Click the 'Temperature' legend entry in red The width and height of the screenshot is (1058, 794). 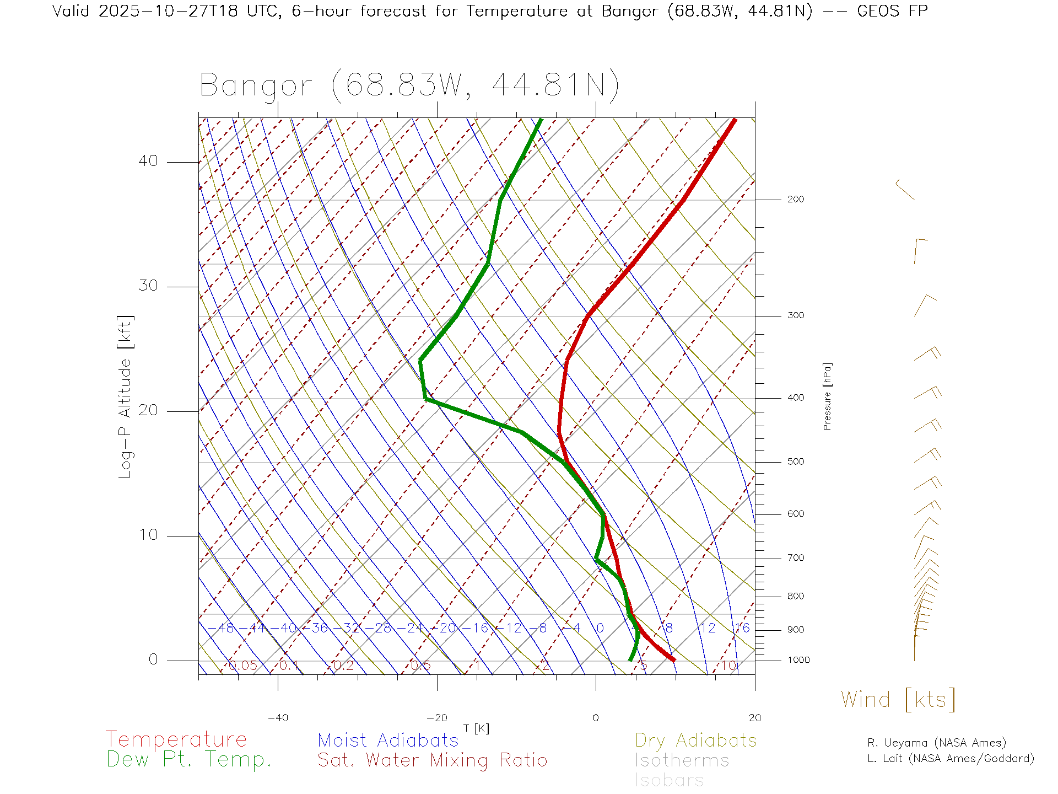pos(176,739)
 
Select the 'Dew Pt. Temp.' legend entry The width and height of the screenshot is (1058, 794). pos(189,760)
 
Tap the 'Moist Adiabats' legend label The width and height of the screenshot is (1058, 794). pos(388,740)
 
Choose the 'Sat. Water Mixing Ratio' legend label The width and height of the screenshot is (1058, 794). pos(432,760)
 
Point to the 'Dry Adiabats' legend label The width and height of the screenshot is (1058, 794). pos(695,740)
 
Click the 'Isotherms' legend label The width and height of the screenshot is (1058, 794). pos(682,760)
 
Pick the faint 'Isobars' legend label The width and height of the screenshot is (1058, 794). pos(669,780)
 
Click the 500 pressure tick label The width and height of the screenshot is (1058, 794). pos(795,462)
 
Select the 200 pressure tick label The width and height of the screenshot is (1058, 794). pos(795,200)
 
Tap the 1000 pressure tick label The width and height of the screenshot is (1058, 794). pos(798,660)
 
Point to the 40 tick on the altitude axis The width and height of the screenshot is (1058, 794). pos(148,161)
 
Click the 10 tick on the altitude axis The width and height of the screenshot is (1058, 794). pos(148,535)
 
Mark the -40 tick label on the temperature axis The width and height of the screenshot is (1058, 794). pos(278,718)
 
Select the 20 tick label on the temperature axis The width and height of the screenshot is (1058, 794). pos(754,718)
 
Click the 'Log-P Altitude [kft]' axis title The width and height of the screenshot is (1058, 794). pos(126,397)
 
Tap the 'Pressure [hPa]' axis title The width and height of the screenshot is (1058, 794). pos(827,396)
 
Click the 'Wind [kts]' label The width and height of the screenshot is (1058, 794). pos(898,700)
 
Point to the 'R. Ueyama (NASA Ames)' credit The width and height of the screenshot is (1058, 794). pos(936,743)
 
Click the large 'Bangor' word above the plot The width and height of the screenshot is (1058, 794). pos(256,85)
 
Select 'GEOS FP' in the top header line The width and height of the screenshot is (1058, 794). pos(892,11)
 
